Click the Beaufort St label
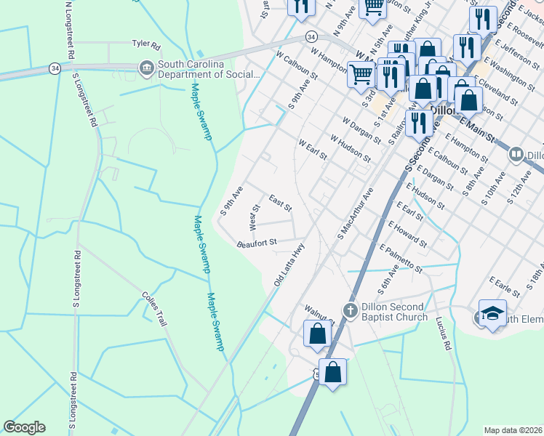pos(257,243)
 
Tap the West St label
pos(255,218)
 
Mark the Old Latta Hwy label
pos(289,263)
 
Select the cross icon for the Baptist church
pos(350,311)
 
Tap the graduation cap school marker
pos(492,313)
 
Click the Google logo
pos(24,427)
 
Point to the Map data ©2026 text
pos(512,430)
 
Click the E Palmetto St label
pos(401,258)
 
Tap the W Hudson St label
pos(351,148)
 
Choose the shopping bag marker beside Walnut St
pos(317,334)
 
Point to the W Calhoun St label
pos(297,65)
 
